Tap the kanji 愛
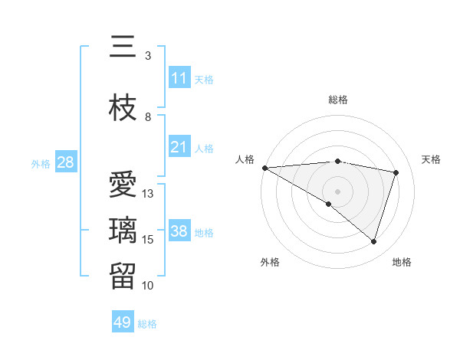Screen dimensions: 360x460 123,186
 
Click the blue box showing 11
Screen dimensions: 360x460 179,78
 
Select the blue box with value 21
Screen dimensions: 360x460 179,147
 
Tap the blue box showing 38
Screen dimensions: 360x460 179,231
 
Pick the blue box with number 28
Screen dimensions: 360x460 65,162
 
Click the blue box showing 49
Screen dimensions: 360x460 123,322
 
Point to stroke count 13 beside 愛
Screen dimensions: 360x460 148,193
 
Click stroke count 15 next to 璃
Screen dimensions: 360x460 148,239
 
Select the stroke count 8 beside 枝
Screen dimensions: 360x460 148,116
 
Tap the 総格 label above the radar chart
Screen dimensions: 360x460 337,100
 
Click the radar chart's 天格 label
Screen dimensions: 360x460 431,159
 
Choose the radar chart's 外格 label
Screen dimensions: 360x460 270,262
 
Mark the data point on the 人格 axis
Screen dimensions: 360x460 264,167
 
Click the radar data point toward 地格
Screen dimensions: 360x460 373,242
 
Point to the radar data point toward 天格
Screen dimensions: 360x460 396,172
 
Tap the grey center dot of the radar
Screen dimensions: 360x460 337,191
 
